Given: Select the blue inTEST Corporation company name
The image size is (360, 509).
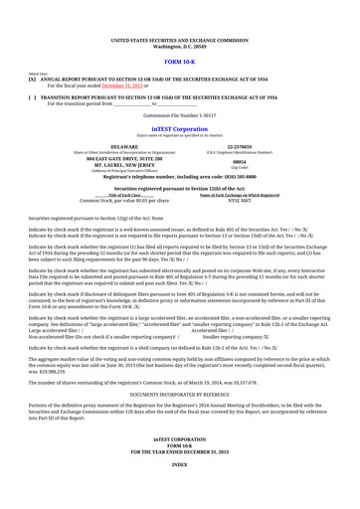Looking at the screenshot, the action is (180, 129).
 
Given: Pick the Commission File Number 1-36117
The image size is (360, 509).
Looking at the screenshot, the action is (180, 115).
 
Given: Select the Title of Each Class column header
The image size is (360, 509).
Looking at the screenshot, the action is (111, 194).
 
